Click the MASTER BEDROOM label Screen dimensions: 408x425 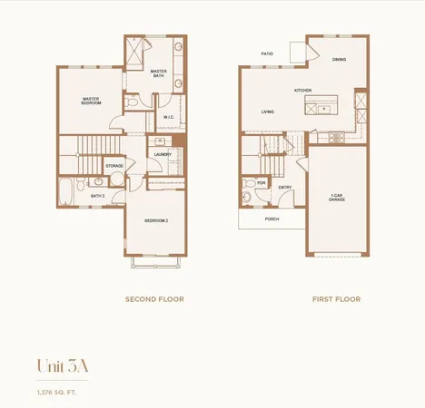(x=91, y=102)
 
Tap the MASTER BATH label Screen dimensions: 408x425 (x=158, y=73)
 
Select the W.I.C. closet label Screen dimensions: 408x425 (x=169, y=117)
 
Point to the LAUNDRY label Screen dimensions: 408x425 (x=163, y=155)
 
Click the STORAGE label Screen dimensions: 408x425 (x=114, y=166)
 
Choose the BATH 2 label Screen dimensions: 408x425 (x=97, y=196)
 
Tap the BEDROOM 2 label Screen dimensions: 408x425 (x=157, y=220)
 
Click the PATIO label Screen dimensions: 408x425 (x=267, y=53)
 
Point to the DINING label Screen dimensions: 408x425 (x=339, y=60)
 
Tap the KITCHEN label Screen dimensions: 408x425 (x=302, y=91)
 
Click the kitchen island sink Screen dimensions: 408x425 (x=325, y=108)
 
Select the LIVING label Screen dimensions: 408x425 (x=268, y=112)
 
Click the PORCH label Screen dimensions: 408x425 (x=272, y=219)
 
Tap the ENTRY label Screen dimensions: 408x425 (x=284, y=188)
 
